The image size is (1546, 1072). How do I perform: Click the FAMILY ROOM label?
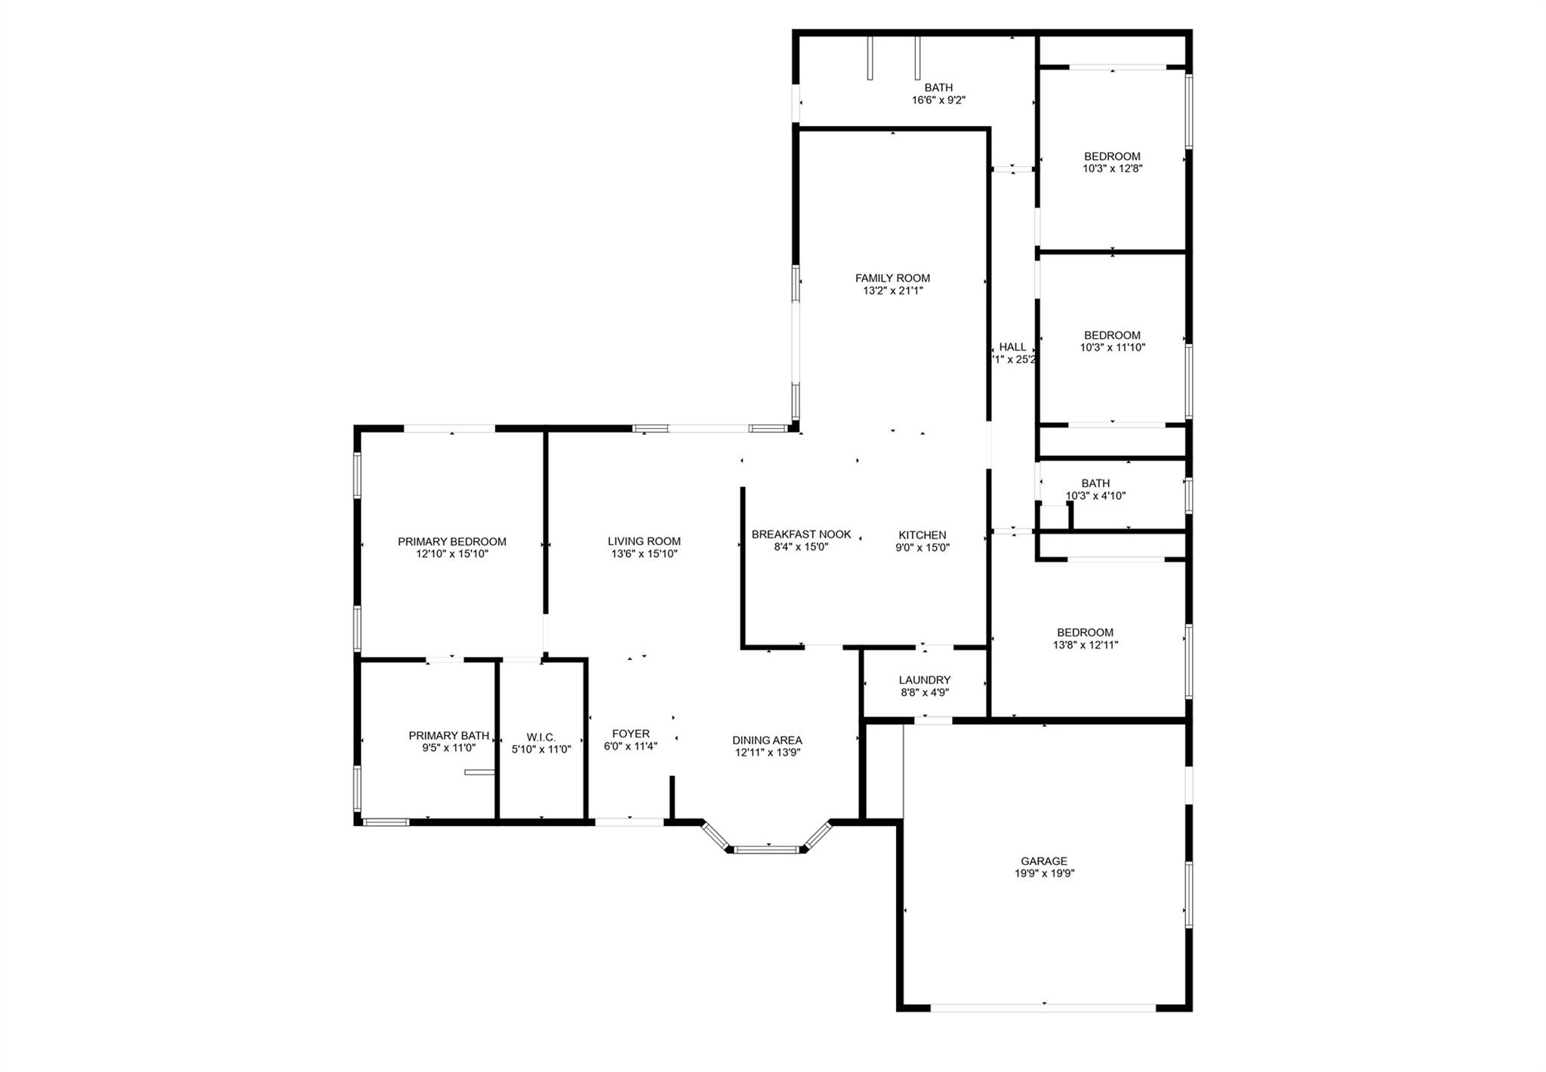click(892, 278)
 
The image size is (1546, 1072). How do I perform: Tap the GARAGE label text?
click(1044, 861)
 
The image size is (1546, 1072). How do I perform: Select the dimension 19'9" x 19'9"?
click(1045, 873)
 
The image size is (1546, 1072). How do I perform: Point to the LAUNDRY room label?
click(925, 680)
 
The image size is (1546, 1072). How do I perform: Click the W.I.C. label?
click(541, 737)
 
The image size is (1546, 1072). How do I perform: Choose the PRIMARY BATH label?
click(449, 735)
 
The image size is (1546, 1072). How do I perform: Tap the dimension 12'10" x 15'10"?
click(452, 554)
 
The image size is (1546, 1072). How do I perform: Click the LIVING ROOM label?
click(644, 541)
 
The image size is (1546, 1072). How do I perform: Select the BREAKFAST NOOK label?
click(801, 534)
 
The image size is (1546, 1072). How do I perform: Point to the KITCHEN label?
click(922, 535)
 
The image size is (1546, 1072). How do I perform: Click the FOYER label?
click(631, 734)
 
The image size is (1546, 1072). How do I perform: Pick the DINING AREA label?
click(767, 741)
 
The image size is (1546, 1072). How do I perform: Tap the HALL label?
click(1013, 347)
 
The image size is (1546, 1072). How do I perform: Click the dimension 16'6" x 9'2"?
click(939, 100)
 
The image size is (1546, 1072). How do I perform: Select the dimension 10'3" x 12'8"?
click(1113, 169)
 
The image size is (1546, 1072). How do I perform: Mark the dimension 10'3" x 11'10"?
click(1113, 348)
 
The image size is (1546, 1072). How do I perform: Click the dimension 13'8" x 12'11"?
click(1086, 645)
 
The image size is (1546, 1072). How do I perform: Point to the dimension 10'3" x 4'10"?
click(1096, 496)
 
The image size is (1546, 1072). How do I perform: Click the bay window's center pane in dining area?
click(767, 849)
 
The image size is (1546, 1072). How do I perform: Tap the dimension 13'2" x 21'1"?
click(893, 291)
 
